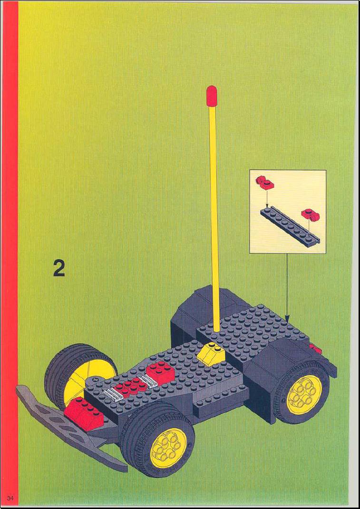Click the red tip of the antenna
click(212, 96)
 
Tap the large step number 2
click(59, 268)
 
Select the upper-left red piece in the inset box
click(265, 183)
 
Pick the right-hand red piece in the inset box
click(311, 214)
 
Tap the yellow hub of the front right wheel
click(168, 449)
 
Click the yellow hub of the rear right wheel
click(304, 395)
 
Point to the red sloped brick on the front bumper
click(84, 413)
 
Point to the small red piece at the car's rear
click(315, 349)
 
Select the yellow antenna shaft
click(214, 217)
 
